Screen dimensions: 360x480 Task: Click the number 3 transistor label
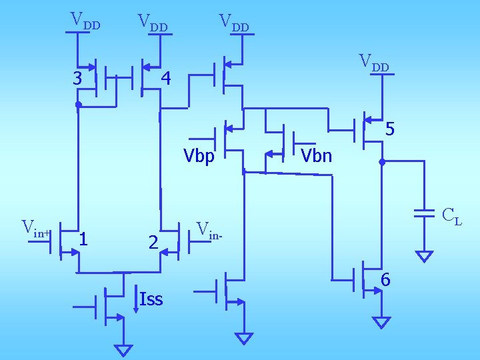click(x=78, y=79)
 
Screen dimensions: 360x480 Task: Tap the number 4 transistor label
click(x=166, y=79)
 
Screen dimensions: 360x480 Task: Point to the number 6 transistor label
click(x=385, y=281)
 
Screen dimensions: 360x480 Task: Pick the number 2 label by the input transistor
click(x=153, y=243)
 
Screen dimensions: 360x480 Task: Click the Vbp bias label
click(x=199, y=156)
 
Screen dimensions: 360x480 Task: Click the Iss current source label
click(x=151, y=299)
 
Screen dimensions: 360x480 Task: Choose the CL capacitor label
click(x=451, y=216)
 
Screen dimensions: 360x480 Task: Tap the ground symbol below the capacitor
click(x=424, y=256)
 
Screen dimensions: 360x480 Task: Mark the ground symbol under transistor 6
click(x=381, y=323)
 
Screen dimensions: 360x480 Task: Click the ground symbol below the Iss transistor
click(x=123, y=349)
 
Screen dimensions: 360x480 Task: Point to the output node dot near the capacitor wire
click(x=382, y=162)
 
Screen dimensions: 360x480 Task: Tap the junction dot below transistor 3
click(x=78, y=105)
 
